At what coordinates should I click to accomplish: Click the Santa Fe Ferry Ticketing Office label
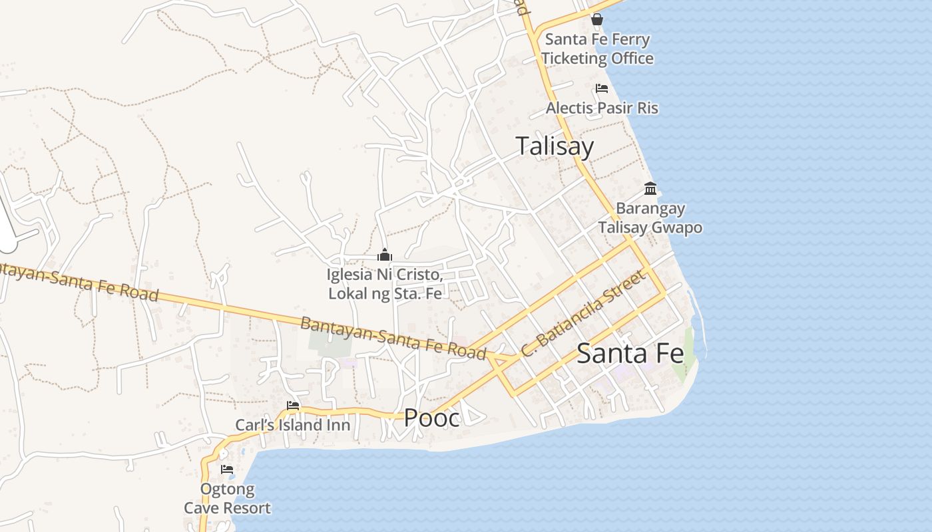click(597, 49)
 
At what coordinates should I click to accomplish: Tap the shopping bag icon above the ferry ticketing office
click(597, 19)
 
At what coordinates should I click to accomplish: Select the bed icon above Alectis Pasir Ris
click(602, 88)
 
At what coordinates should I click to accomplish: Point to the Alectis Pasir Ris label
click(602, 108)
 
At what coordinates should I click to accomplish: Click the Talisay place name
click(555, 146)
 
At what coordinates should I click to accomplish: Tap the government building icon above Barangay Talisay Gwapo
click(650, 188)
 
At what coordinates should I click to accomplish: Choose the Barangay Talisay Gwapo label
click(650, 218)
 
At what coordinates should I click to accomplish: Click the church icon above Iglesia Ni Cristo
click(384, 255)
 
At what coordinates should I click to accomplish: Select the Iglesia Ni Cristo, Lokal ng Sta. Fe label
click(385, 283)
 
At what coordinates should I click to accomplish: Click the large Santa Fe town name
click(630, 353)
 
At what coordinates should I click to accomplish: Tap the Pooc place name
click(431, 418)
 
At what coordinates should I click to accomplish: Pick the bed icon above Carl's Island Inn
click(292, 406)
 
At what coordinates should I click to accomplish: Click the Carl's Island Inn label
click(292, 425)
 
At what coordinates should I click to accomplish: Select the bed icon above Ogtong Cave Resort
click(227, 469)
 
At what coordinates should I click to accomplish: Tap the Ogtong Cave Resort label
click(228, 499)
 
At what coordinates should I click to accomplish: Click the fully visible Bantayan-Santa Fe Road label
click(393, 338)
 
